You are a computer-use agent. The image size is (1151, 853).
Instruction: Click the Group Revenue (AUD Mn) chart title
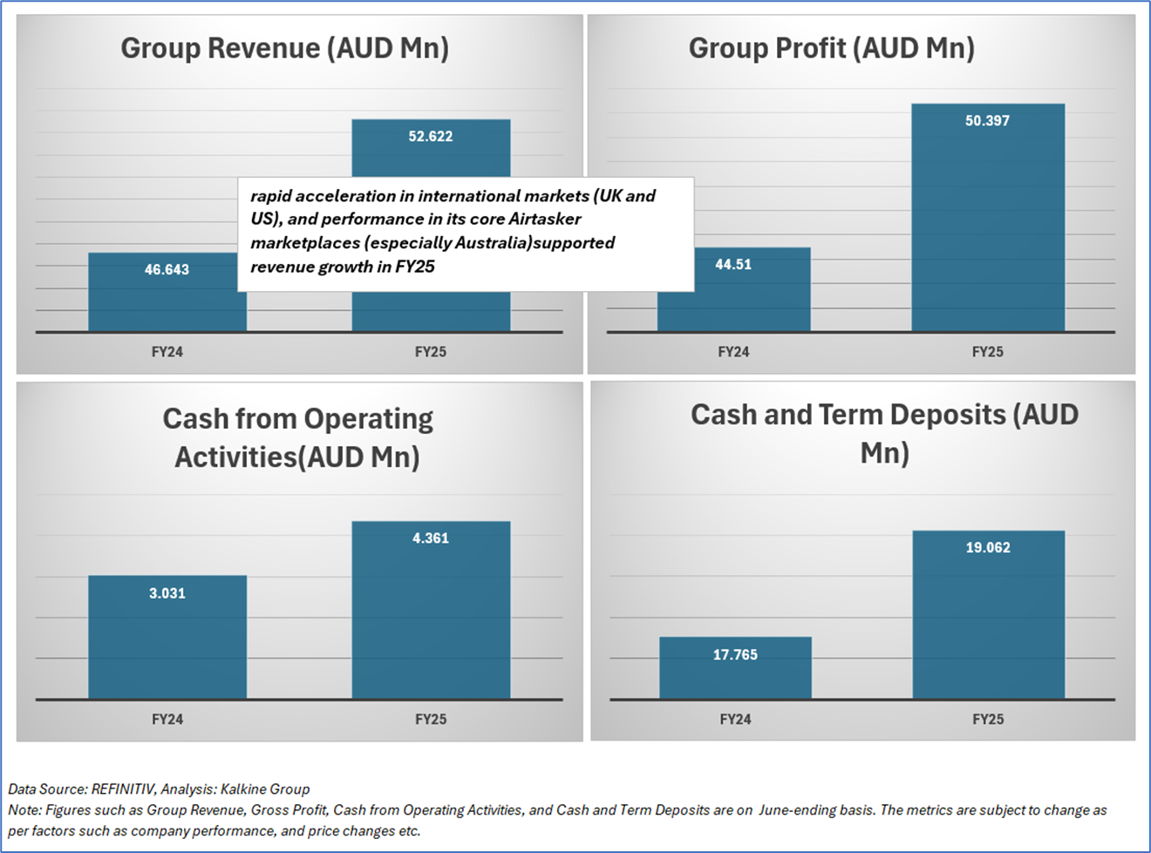coord(284,48)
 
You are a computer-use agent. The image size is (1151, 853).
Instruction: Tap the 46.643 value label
coord(167,270)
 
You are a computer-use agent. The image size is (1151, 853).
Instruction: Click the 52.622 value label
coord(431,136)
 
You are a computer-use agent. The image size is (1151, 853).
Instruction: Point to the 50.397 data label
coord(987,121)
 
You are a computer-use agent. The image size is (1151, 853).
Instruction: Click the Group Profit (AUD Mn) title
coord(831,48)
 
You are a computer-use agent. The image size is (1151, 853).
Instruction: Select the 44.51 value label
coord(733,264)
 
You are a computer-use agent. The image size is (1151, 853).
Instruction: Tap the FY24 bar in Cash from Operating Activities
coord(167,645)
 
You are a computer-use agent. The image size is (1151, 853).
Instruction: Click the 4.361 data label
coord(431,538)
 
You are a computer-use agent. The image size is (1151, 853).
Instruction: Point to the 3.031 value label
coord(167,593)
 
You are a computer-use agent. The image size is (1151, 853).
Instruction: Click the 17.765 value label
coord(735,654)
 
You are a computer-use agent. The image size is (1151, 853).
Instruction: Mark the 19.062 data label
coord(988,548)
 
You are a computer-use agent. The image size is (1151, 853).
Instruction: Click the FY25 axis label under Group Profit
coord(987,352)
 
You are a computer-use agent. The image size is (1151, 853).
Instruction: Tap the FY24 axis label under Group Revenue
coord(167,352)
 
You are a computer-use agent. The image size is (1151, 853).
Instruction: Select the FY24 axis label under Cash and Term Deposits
coord(735,720)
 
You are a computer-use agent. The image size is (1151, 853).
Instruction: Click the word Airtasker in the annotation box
coord(545,219)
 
